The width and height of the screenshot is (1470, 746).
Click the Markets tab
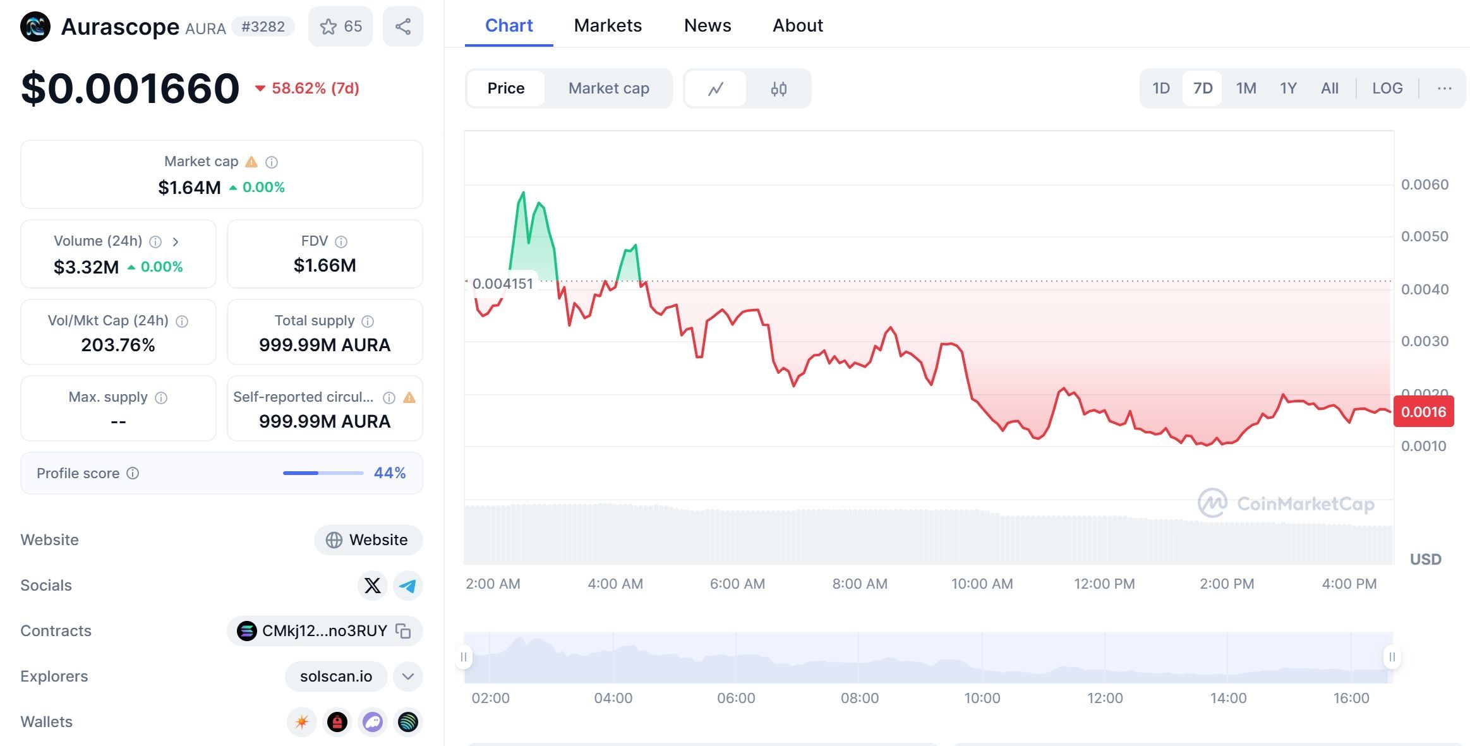click(x=608, y=25)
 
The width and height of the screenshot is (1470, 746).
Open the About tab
click(x=797, y=25)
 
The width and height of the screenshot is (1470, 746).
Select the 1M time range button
click(x=1246, y=88)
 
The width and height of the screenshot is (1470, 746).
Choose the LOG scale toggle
click(x=1387, y=88)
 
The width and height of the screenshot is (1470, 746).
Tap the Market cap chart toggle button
click(x=608, y=88)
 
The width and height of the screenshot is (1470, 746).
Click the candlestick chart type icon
click(x=778, y=89)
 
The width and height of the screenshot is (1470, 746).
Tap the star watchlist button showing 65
click(x=340, y=27)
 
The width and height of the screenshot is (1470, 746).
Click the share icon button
click(x=403, y=27)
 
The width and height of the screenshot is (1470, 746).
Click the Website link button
click(x=368, y=540)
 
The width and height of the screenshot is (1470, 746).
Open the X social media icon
click(x=372, y=586)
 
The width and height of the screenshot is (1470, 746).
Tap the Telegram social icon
click(x=407, y=586)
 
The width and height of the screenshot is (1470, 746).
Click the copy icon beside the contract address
click(x=403, y=631)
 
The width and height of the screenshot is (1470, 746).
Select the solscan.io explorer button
click(x=336, y=677)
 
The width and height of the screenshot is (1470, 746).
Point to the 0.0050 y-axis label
click(x=1425, y=237)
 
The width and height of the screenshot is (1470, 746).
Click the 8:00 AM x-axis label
click(x=859, y=584)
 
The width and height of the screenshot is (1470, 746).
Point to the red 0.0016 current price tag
click(x=1423, y=412)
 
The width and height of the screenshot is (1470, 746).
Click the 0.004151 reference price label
click(x=503, y=284)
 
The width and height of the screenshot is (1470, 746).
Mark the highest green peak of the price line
click(x=523, y=192)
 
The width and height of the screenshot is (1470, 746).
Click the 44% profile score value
click(x=389, y=473)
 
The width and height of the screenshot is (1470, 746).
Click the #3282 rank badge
click(x=263, y=27)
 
